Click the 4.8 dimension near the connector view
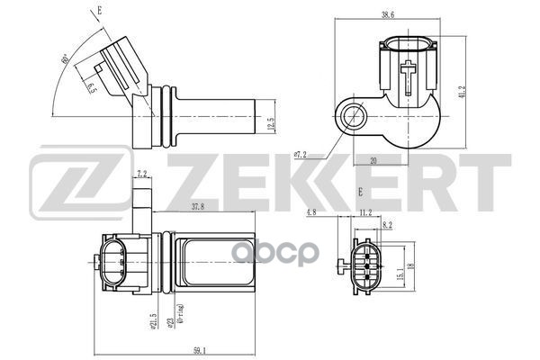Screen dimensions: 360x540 point(337,214)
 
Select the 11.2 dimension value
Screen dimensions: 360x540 point(366,214)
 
